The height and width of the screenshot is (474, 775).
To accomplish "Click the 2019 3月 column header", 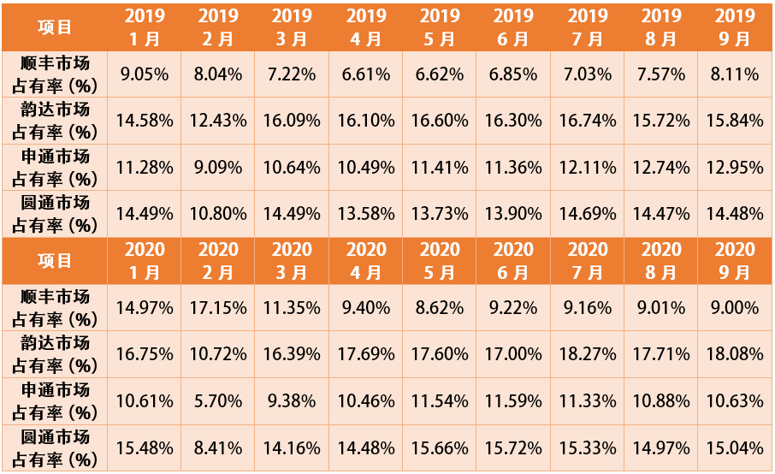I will [x=293, y=27].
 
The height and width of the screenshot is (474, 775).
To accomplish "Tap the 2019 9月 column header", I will [x=735, y=27].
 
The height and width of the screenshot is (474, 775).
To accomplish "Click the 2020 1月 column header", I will [x=145, y=260].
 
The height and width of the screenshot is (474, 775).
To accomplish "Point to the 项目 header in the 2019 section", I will [x=56, y=27].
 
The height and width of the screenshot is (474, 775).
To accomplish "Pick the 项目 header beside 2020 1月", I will [x=56, y=260].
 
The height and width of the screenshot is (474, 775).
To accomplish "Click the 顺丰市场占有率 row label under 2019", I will [x=56, y=74].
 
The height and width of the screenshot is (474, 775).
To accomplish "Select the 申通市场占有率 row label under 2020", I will [x=56, y=400].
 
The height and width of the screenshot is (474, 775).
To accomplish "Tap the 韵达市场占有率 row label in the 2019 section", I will [x=56, y=120].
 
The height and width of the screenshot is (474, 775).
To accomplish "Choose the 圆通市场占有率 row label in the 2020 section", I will [x=56, y=447].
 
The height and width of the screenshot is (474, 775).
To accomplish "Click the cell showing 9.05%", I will [x=145, y=74].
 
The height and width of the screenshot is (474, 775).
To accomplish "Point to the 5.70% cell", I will [x=218, y=401].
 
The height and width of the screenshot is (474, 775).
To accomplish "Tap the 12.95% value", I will [x=735, y=167].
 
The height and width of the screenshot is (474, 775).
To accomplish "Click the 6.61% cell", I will [x=366, y=74].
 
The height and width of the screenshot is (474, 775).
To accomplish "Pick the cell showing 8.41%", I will [x=218, y=447].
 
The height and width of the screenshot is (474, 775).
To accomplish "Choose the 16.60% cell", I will [x=440, y=121].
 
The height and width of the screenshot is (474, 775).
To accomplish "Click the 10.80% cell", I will [x=218, y=214].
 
